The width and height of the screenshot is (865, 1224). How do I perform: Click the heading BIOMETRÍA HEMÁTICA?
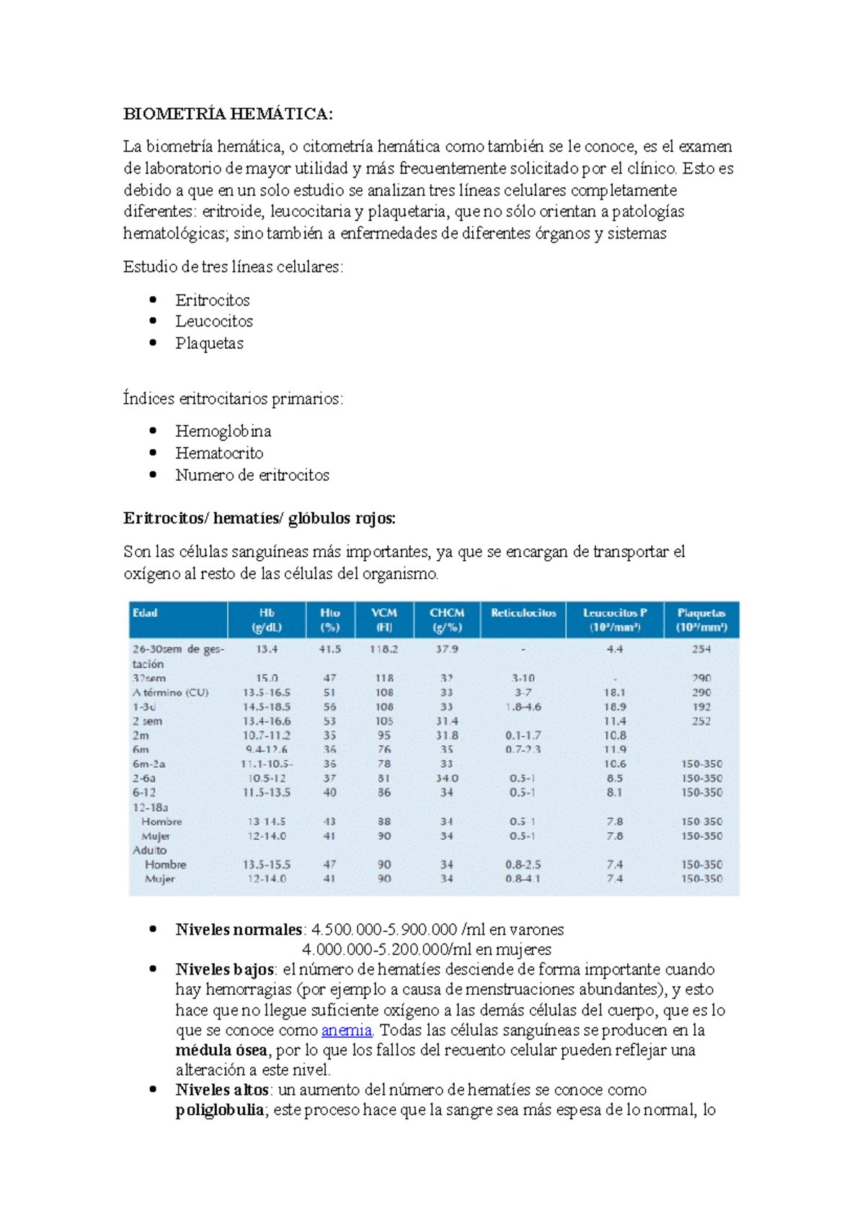tap(228, 114)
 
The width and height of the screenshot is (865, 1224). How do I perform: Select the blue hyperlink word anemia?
tap(347, 1030)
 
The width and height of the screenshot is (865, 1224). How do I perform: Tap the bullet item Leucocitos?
tap(214, 321)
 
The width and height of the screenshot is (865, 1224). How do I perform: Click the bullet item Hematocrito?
tap(219, 453)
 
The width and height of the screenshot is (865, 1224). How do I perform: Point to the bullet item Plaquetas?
tap(209, 343)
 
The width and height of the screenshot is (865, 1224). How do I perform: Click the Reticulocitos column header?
tap(523, 613)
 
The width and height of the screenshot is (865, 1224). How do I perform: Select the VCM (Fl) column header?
tap(384, 620)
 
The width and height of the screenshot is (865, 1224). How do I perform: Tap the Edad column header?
tap(145, 613)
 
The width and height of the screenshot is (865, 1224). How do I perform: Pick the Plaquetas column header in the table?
tap(701, 620)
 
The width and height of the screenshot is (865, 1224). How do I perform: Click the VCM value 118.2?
tap(384, 649)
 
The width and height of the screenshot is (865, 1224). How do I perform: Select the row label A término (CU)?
tap(170, 693)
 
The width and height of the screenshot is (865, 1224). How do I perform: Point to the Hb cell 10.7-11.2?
tap(267, 736)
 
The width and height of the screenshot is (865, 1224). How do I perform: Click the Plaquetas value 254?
tap(701, 649)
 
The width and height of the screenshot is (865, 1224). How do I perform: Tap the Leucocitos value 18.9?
tap(615, 707)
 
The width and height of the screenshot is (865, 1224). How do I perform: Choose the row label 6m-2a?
tap(148, 764)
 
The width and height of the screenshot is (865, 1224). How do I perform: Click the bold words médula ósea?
tap(221, 1050)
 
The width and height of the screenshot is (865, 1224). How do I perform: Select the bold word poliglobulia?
tap(220, 1110)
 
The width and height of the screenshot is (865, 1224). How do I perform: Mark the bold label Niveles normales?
tap(239, 930)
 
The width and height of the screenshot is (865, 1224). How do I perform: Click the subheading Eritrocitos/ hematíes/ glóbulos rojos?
tap(259, 518)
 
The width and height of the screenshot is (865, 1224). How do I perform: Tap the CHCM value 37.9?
tap(447, 649)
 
